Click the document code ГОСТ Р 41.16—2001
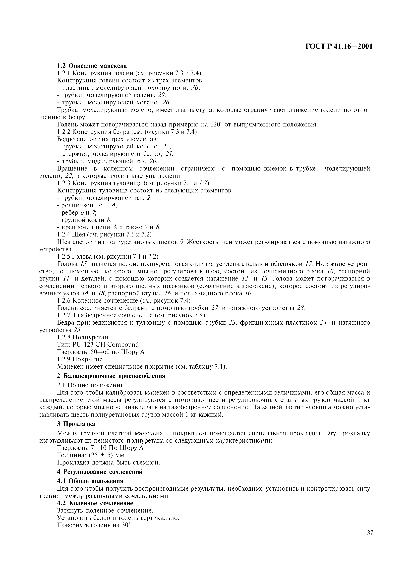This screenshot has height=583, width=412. [339, 47]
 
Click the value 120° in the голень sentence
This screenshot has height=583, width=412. [216, 125]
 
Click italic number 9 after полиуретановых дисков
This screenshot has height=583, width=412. [181, 242]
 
